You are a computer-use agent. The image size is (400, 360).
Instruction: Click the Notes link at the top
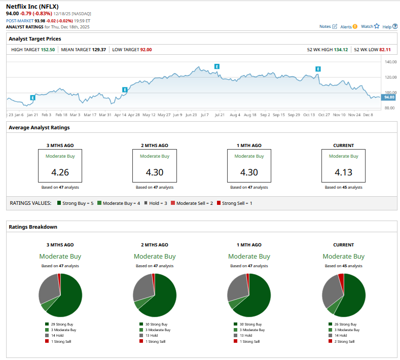[x=328, y=26]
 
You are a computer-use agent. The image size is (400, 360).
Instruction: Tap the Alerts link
[x=349, y=26]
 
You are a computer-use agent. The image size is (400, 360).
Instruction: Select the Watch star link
[x=370, y=26]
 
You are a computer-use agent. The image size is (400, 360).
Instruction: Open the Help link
[x=390, y=26]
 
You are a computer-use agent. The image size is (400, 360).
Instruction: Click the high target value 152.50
[x=47, y=50]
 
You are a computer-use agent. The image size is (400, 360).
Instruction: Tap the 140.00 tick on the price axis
[x=390, y=62]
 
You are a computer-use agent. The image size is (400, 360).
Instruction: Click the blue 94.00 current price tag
[x=389, y=97]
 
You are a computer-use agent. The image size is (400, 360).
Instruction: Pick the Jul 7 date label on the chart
[x=205, y=115]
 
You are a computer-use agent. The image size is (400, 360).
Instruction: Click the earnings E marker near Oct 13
[x=318, y=69]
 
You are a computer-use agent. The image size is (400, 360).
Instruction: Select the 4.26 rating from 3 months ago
[x=60, y=172]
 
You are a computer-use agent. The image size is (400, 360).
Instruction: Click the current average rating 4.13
[x=343, y=172]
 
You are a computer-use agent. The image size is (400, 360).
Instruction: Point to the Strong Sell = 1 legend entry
[x=234, y=203]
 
